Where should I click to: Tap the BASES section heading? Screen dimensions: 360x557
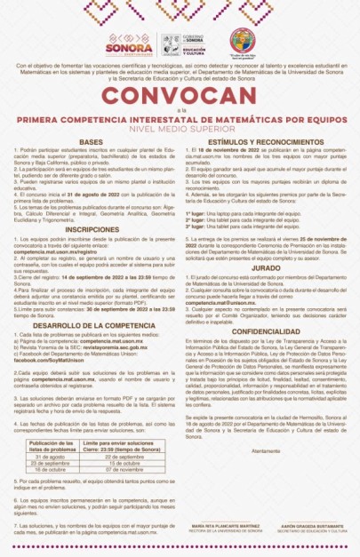(x=92, y=142)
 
